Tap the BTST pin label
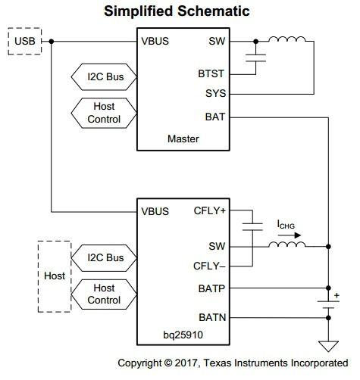[211, 73]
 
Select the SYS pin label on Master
[215, 93]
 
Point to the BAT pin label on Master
[215, 117]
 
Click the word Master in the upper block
[183, 139]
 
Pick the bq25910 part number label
[183, 335]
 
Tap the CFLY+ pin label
[209, 210]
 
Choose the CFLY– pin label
[209, 266]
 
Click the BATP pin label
[211, 288]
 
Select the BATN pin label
[212, 317]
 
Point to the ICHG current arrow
[290, 235]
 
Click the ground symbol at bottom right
[328, 346]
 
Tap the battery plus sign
[337, 295]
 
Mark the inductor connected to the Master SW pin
[287, 39]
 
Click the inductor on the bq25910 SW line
[287, 245]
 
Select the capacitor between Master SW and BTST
[255, 58]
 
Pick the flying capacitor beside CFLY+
[252, 226]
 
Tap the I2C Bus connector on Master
[104, 76]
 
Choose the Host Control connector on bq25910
[104, 294]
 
